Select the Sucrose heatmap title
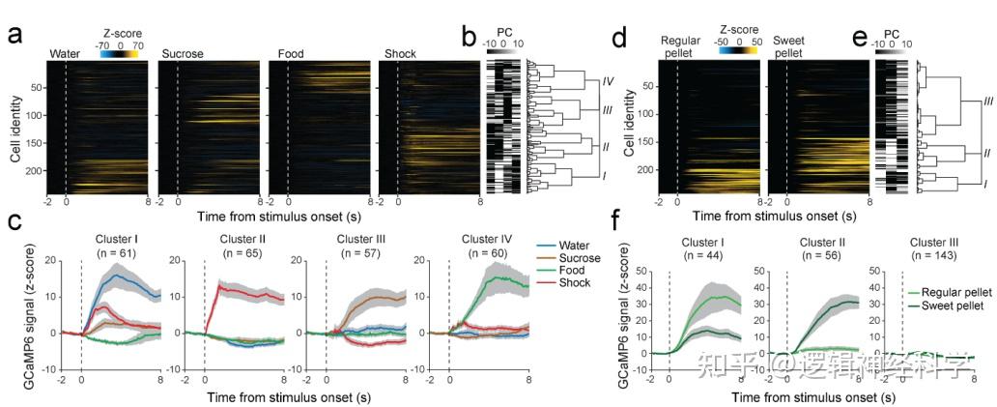click(x=183, y=53)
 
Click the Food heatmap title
click(x=292, y=53)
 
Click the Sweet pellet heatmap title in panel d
click(x=791, y=42)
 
